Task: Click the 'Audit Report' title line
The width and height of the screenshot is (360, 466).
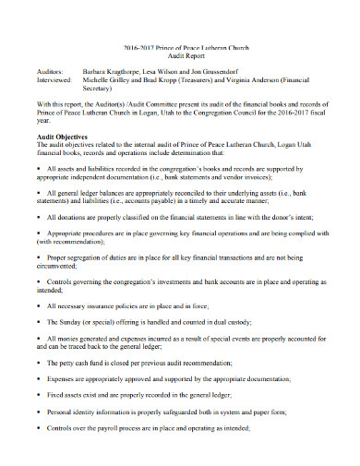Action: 179,54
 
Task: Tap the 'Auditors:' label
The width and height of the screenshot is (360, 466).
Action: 52,69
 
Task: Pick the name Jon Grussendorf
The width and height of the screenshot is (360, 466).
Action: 236,69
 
